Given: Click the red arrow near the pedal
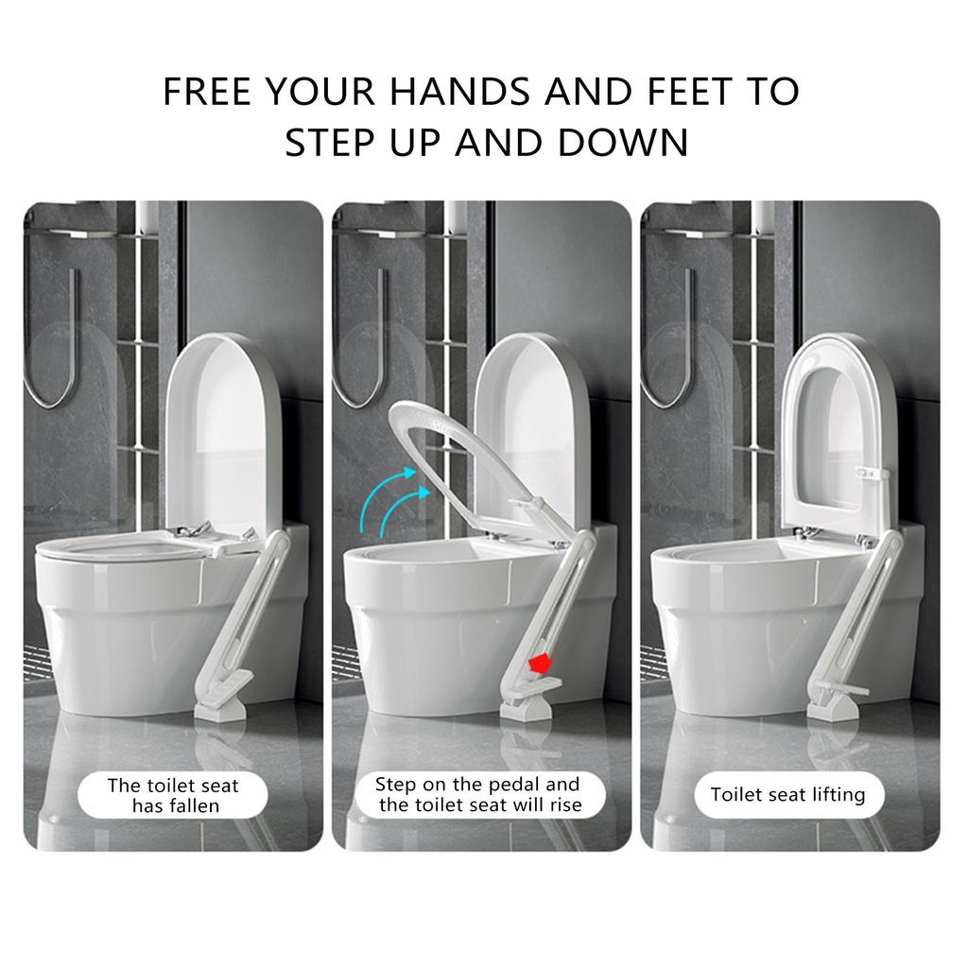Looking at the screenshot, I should [540, 665].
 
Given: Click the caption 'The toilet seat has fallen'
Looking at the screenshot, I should [173, 795].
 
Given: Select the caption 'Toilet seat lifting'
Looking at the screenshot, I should [787, 794].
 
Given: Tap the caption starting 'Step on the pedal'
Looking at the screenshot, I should [479, 795].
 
